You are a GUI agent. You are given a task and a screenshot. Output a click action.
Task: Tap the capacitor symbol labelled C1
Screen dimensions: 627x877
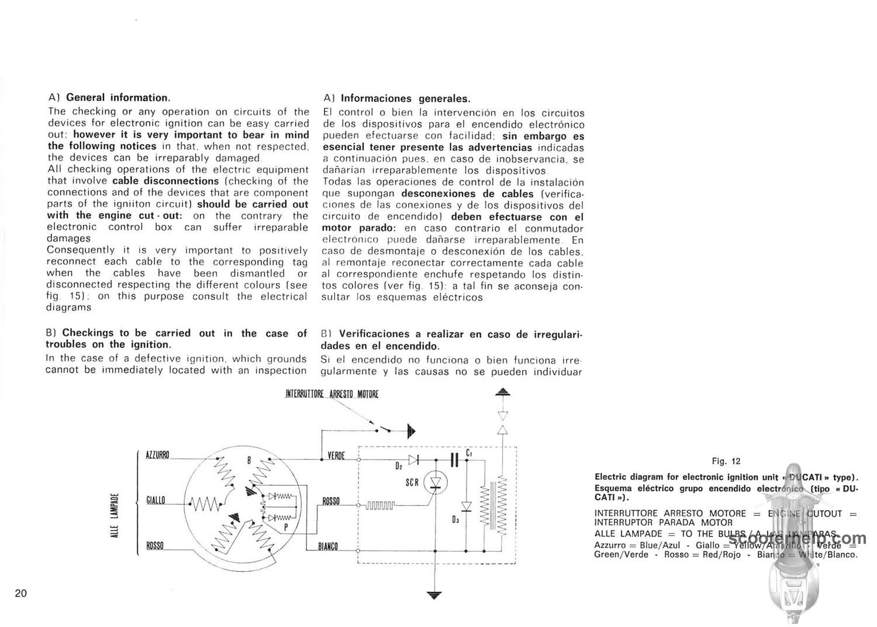[454, 460]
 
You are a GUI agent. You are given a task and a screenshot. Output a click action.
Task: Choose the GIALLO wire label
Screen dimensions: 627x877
[156, 500]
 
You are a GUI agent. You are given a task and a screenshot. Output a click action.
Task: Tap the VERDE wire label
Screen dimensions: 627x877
[336, 455]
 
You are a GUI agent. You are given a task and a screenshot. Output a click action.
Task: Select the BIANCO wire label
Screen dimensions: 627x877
[328, 547]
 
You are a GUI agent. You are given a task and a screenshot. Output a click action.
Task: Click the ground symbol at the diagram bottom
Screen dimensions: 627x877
[433, 595]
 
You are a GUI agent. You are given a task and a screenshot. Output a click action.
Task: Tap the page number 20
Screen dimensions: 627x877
[21, 593]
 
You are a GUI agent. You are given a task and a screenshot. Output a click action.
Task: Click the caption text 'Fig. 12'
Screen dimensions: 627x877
[726, 461]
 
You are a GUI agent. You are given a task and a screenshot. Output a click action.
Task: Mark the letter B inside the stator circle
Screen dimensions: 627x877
[248, 461]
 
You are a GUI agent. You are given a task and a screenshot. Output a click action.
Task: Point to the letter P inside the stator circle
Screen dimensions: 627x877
[285, 526]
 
